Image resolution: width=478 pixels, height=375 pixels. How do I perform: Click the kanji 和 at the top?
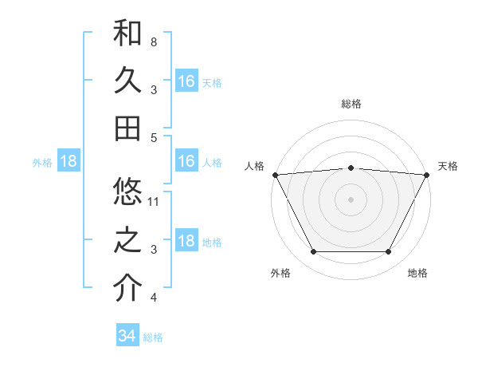coord(127,33)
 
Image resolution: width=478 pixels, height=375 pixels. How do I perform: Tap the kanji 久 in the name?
coord(127,81)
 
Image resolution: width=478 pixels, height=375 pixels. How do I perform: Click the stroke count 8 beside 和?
coord(153,41)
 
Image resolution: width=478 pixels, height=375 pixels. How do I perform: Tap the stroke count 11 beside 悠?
coord(154,201)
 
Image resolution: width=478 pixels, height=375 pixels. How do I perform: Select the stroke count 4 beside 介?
coord(153,298)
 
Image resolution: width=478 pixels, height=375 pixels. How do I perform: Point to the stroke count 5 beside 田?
coord(153,137)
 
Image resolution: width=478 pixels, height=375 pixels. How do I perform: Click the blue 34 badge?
coord(127,336)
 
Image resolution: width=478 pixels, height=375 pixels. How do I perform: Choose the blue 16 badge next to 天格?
coord(186,81)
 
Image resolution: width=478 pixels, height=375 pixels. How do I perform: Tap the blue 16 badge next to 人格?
coord(186,161)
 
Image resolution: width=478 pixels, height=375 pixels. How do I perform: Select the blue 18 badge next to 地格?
coord(186,241)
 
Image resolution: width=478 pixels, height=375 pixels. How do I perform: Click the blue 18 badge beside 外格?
coord(69,161)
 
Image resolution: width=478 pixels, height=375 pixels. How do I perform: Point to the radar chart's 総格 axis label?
coord(351,104)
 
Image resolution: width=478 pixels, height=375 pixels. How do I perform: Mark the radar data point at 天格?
coord(428,174)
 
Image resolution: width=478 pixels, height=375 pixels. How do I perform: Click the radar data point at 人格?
coord(274,174)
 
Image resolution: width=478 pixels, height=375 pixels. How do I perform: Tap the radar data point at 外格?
coord(313,252)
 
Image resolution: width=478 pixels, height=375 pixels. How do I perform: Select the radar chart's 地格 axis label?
coord(417,273)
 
